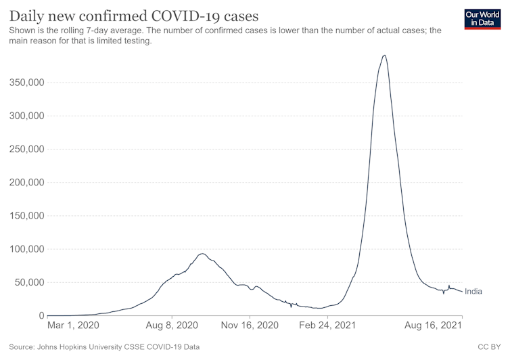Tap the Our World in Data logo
coord(482,18)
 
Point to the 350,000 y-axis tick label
coord(26,83)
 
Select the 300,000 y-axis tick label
coord(26,116)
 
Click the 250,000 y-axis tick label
coord(26,149)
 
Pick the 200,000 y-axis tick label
coord(26,183)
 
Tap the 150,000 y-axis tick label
coord(26,216)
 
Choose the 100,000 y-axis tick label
coord(26,249)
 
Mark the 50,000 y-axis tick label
coord(28,282)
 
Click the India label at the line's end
coord(473,292)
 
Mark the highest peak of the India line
coord(384,55)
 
